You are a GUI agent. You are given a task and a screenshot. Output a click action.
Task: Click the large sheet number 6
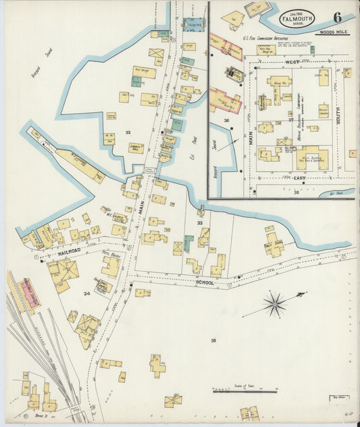[x=336, y=17]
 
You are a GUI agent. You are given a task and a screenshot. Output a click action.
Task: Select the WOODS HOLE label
[x=334, y=32]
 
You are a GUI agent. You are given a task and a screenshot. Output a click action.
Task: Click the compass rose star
[x=274, y=304]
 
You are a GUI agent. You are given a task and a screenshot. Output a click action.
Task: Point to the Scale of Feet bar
[x=245, y=391]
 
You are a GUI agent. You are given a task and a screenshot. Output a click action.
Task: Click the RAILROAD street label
[x=70, y=251]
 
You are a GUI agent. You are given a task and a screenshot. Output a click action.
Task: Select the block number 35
[x=213, y=340]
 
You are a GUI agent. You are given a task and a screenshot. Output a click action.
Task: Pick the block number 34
[x=86, y=294]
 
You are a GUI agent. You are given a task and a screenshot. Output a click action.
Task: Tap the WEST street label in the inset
[x=292, y=61]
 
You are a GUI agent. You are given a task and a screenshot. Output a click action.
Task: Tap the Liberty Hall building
[x=136, y=146]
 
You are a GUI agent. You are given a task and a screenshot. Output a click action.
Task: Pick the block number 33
[x=200, y=222]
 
